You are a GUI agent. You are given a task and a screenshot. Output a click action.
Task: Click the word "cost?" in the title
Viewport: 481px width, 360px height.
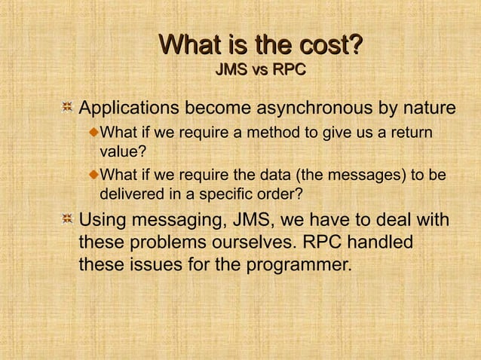coord(321,45)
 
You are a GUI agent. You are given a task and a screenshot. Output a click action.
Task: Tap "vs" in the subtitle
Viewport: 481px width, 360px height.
coord(259,71)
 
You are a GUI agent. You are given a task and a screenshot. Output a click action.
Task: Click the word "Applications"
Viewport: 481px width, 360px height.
coord(134,110)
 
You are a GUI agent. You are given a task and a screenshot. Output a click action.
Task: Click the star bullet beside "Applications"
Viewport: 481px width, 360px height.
coord(67,110)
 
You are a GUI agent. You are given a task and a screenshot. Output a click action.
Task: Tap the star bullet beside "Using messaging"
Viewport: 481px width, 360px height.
coord(67,220)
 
